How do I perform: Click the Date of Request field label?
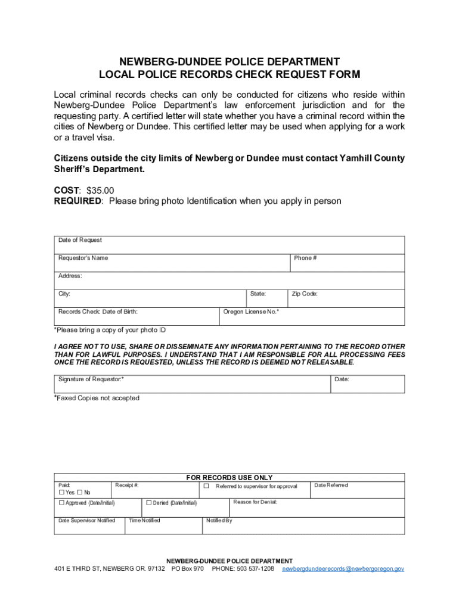80,240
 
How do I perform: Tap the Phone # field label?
305,258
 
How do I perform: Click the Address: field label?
70,276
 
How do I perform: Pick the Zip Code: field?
346,298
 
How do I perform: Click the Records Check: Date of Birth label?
98,312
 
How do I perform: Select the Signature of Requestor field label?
91,379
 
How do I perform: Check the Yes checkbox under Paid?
61,493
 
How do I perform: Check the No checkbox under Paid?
80,493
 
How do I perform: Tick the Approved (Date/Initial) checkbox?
61,503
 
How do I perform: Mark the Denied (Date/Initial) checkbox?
149,503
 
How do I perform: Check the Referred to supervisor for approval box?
206,486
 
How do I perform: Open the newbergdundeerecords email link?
343,569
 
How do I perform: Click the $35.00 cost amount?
100,190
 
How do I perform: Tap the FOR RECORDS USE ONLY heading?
229,478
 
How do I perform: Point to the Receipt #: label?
127,485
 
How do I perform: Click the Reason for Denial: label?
255,502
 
